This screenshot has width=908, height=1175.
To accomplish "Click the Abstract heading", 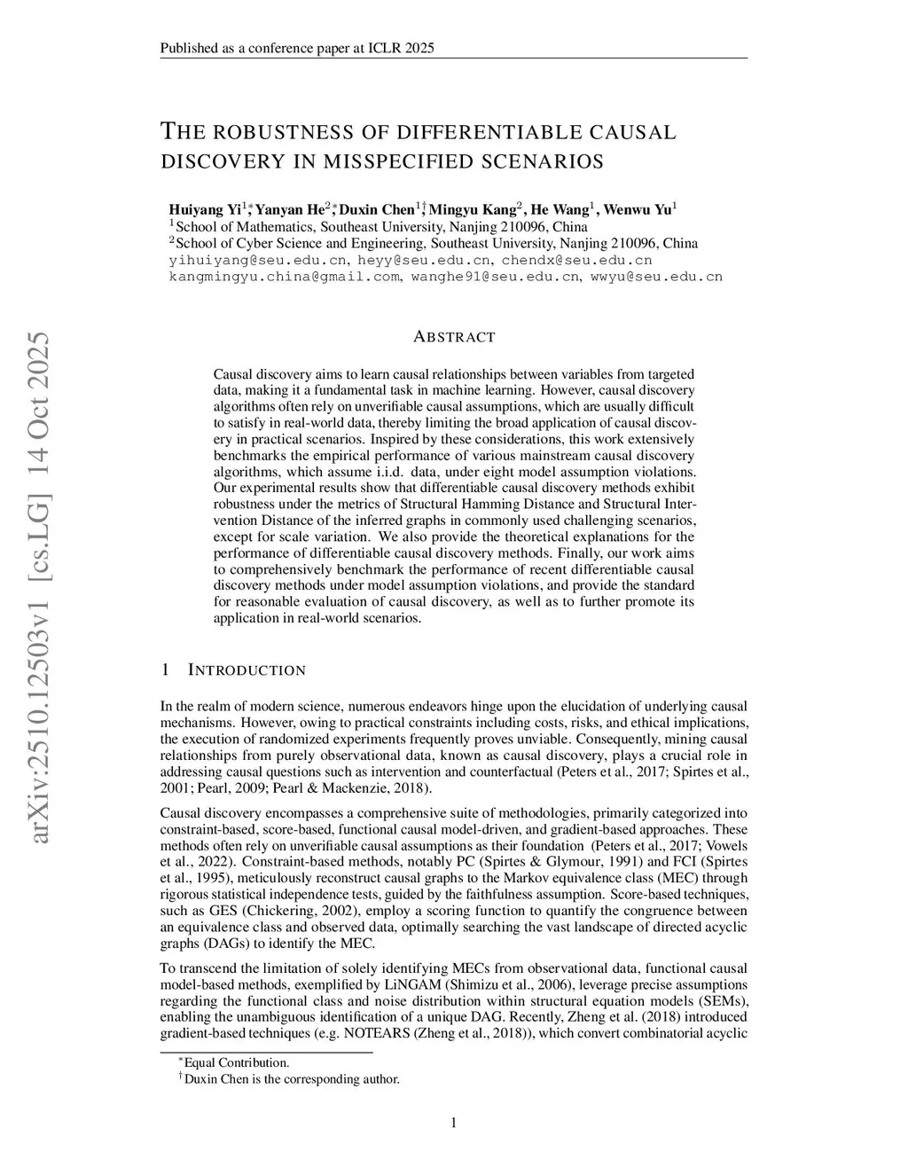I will click(454, 337).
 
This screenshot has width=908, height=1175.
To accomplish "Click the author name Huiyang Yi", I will click(205, 210).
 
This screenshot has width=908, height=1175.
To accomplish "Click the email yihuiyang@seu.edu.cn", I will click(257, 260).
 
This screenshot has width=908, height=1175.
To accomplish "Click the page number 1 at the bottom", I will click(454, 1123).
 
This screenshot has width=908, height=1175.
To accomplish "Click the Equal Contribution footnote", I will click(236, 1062).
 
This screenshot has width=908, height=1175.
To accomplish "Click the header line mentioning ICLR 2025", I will click(297, 48).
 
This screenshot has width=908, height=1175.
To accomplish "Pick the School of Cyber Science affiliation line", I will click(435, 243).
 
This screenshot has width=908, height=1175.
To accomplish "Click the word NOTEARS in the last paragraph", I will click(378, 1033).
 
